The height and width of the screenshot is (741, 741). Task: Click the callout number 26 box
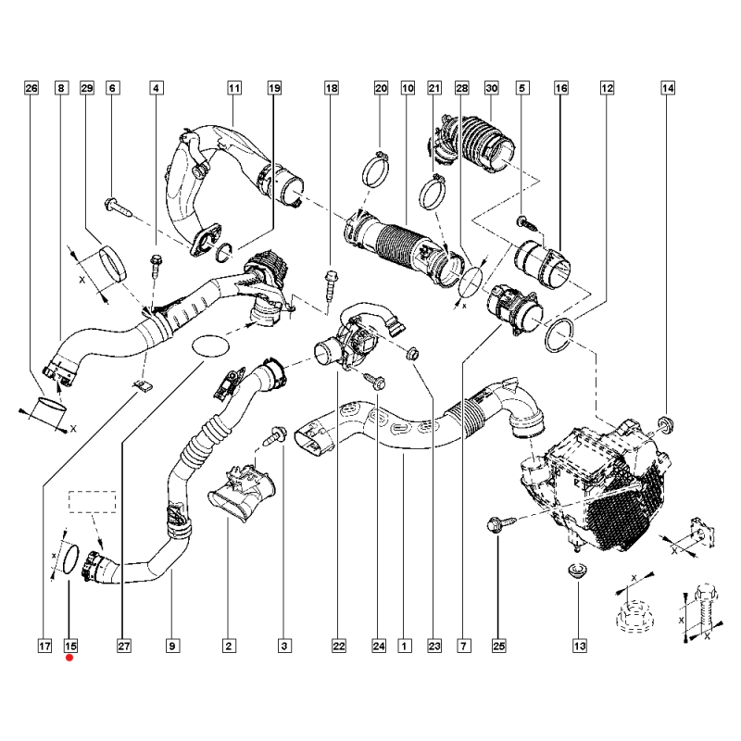pos(31,89)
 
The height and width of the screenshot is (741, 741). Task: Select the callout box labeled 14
pos(667,89)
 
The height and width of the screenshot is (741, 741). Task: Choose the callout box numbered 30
pos(492,89)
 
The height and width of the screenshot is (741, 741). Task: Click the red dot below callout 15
pos(70,659)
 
